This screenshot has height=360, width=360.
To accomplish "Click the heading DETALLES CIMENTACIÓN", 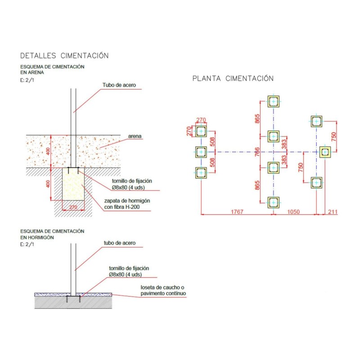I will coord(64,56).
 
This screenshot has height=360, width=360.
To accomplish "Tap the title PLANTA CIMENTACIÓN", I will coord(233,78).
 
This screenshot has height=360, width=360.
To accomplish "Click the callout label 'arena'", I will coord(135,135).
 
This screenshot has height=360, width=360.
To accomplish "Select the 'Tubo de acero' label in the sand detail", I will coord(119,85).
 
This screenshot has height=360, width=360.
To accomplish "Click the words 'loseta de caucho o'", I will coord(162,287).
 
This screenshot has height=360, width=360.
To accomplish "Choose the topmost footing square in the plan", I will coord(273,102).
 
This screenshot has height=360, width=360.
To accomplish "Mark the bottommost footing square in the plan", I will coord(273,202).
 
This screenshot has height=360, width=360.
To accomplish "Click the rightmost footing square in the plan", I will coord(325,152).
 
